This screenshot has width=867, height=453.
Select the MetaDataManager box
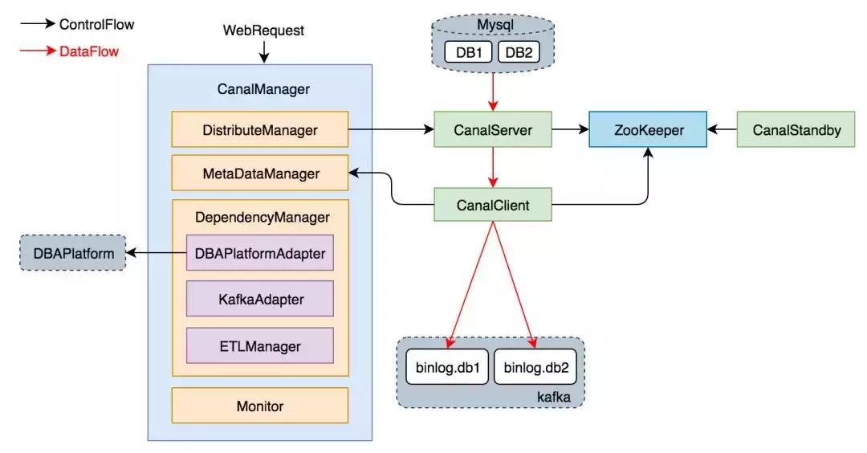[x=259, y=173]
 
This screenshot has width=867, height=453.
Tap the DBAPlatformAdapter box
[x=259, y=252]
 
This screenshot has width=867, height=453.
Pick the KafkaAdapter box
[x=259, y=299]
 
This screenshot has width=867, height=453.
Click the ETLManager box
[x=259, y=346]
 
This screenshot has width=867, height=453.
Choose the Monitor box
[x=259, y=406]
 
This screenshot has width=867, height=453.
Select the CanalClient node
[x=493, y=205]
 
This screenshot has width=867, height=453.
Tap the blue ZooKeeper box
[x=648, y=129]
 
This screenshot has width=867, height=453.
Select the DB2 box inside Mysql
[x=519, y=52]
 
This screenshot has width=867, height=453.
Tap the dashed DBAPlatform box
[x=73, y=253]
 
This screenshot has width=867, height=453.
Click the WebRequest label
[x=263, y=31]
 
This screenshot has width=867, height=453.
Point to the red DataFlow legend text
[x=88, y=51]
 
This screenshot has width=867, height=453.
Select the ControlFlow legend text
[x=96, y=25]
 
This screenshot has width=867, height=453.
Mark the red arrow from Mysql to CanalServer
[x=494, y=90]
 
